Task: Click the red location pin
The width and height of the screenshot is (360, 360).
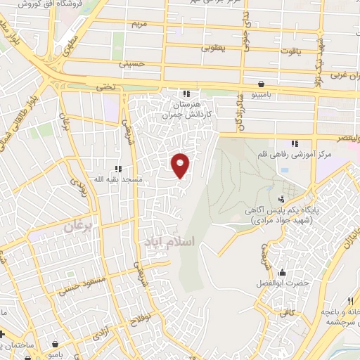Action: [181, 165]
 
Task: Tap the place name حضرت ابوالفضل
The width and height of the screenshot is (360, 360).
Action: [282, 283]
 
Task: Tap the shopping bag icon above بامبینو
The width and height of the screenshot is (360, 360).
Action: [261, 82]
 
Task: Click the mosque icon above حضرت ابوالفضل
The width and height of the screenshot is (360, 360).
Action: [282, 272]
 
